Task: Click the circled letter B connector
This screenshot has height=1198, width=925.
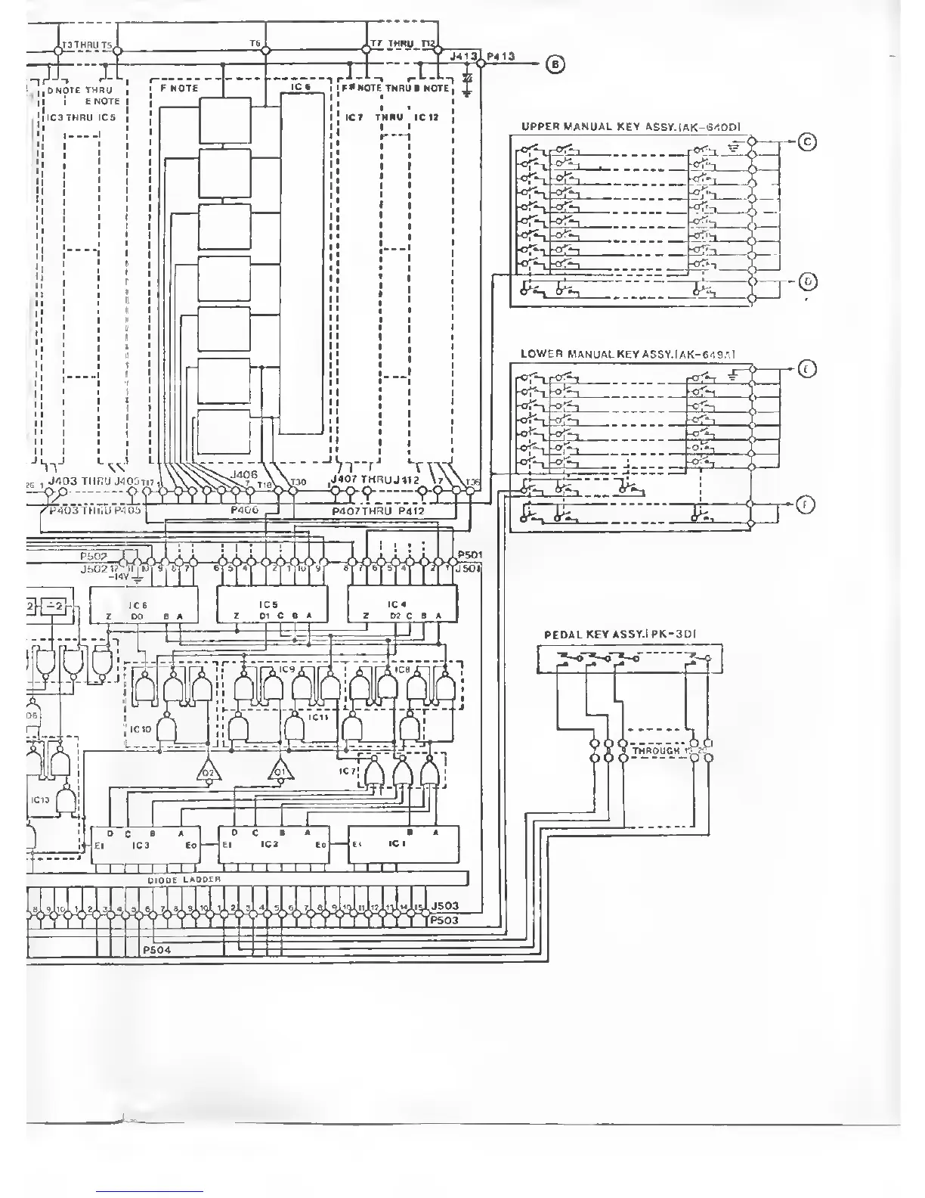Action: [x=556, y=64]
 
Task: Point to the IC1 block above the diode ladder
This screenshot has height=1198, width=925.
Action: [x=403, y=843]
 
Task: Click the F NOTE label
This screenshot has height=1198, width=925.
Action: [x=179, y=88]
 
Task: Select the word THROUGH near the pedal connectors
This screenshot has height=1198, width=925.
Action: [x=656, y=751]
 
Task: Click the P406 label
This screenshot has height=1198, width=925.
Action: [x=244, y=510]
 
